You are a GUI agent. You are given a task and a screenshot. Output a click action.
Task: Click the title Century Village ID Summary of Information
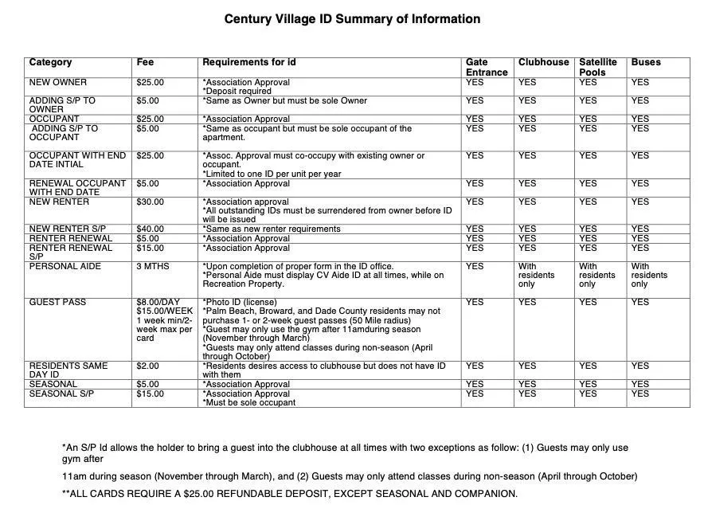tap(352, 19)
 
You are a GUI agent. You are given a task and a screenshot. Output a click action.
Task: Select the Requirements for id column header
tap(249, 62)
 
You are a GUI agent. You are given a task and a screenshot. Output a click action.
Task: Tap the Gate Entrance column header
tap(486, 67)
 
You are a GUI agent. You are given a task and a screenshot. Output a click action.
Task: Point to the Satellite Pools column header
tap(597, 67)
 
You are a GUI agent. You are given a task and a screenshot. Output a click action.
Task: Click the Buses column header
tap(646, 62)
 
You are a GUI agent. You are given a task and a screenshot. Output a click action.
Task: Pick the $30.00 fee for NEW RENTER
tap(150, 202)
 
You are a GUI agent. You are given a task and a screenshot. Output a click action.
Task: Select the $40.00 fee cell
tap(150, 229)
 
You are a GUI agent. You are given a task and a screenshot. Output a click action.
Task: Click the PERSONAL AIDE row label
tap(65, 267)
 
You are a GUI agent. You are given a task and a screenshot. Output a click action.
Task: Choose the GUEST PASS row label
tap(58, 303)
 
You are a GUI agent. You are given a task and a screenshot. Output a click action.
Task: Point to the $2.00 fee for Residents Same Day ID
tap(147, 366)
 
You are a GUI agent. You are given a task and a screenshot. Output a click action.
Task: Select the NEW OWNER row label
tap(58, 83)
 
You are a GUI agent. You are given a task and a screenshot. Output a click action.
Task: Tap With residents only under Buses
tap(649, 276)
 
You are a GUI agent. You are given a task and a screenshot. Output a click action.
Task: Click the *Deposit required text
tap(237, 92)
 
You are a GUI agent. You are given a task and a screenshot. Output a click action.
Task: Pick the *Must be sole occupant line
tap(248, 403)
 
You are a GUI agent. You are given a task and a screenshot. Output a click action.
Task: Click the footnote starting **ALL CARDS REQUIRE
tap(290, 494)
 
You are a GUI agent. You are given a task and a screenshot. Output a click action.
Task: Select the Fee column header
tap(145, 62)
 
